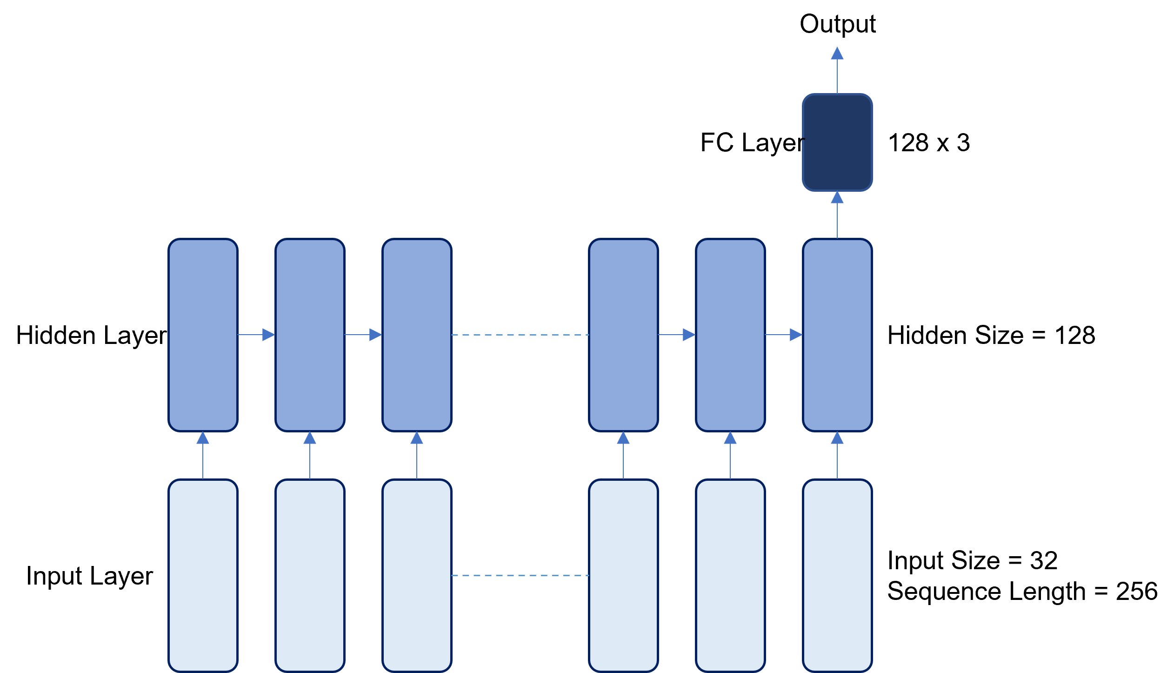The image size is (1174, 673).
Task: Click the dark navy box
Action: click(837, 142)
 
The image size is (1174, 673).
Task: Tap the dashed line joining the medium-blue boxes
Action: click(520, 335)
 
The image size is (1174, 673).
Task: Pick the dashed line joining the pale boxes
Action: click(520, 576)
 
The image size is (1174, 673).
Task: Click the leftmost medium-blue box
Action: click(203, 335)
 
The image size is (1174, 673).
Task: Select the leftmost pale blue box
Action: click(203, 576)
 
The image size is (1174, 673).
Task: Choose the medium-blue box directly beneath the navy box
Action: click(837, 335)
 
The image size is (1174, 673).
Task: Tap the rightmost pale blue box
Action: click(837, 576)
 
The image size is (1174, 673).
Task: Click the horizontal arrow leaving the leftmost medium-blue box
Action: click(256, 335)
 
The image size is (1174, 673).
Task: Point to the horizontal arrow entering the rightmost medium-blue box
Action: click(784, 335)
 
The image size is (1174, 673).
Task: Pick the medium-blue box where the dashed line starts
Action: click(417, 335)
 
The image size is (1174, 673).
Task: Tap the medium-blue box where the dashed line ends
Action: click(623, 335)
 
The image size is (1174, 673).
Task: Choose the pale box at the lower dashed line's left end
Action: click(417, 576)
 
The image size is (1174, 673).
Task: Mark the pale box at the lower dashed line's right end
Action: click(623, 576)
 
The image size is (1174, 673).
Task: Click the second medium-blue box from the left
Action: click(310, 335)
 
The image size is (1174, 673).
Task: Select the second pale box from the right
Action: click(730, 576)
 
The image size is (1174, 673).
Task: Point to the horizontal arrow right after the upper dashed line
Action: click(677, 335)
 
